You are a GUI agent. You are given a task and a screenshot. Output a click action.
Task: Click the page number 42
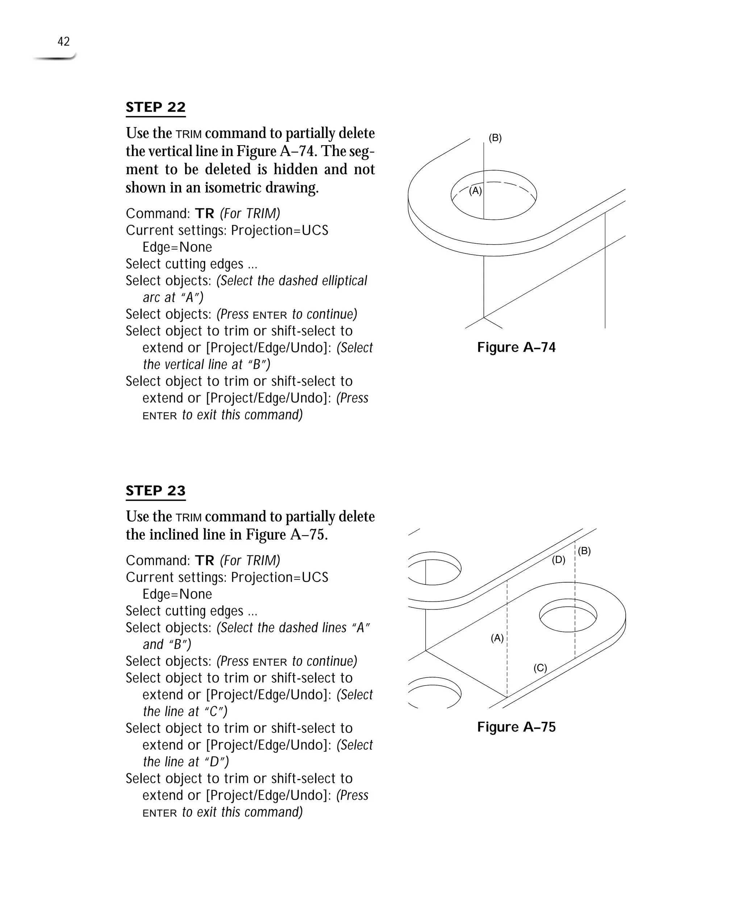64,41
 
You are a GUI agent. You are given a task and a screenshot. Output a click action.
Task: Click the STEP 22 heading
155,107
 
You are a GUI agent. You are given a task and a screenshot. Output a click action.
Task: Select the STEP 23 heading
155,490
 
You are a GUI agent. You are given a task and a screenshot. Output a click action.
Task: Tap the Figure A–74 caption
516,347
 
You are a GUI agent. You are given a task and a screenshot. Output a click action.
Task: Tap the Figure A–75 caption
516,727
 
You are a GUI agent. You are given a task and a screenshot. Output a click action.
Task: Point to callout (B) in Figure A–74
495,138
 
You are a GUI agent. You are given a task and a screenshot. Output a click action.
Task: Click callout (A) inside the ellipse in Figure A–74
475,191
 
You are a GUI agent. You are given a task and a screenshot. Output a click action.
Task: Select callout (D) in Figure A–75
558,559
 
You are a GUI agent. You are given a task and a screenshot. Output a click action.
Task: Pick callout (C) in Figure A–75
540,668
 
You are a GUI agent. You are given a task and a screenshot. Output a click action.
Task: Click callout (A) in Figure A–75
497,638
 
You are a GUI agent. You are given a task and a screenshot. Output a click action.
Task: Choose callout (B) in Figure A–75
584,551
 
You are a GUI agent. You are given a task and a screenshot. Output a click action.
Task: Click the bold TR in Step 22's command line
204,214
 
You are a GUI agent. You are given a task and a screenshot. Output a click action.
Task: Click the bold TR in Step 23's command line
204,561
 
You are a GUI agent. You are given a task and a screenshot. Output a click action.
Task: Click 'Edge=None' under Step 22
177,247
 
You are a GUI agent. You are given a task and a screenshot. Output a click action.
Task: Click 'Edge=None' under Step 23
177,594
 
